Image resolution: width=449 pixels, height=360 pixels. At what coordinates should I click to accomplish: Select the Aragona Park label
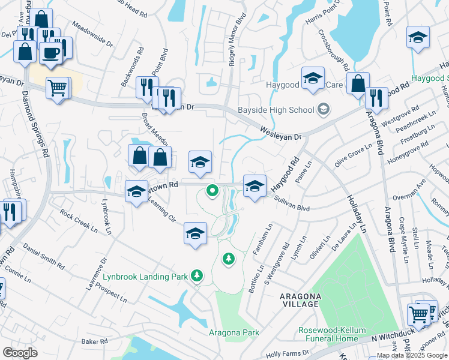(x=234, y=332)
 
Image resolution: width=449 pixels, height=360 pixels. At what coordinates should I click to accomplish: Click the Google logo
(x=20, y=353)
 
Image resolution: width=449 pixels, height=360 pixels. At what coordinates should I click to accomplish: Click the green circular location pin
(x=211, y=191)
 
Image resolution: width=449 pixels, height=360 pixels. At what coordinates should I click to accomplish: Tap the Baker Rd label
(x=94, y=341)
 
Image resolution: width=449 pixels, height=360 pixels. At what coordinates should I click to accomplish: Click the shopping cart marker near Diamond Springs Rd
(x=58, y=89)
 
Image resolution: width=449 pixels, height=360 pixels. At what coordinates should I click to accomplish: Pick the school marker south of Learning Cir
(x=195, y=234)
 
